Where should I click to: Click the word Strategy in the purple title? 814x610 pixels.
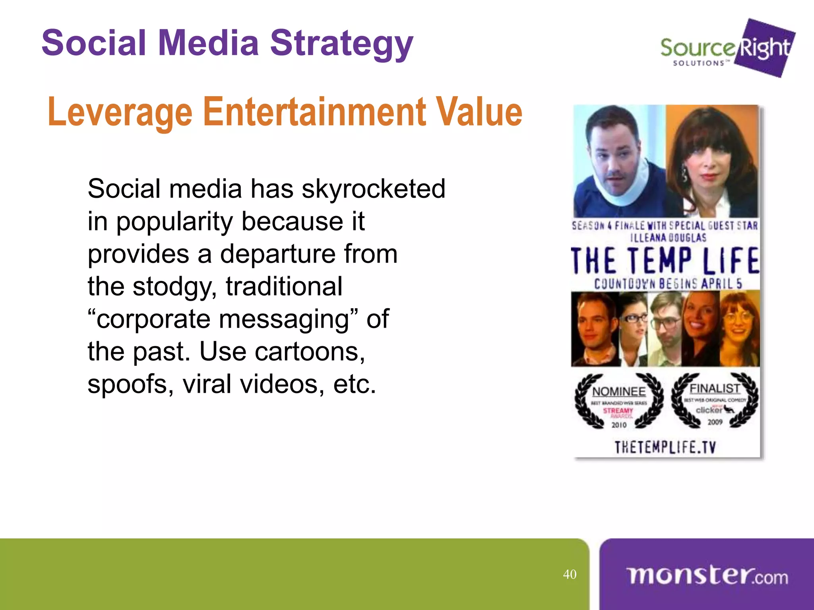pos(341,44)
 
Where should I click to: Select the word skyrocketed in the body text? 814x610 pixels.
pos(373,189)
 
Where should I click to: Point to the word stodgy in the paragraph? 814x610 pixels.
pos(175,286)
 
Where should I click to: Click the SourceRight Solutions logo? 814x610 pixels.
pos(727,48)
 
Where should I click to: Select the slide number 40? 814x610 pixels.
pos(570,574)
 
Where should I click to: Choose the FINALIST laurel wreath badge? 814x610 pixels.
pos(715,400)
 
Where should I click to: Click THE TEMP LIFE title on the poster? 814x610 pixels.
pos(665,261)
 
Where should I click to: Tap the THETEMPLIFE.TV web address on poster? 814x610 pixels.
pos(665,448)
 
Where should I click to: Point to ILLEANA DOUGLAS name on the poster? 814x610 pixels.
pos(668,238)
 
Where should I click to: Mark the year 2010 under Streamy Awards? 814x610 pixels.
pos(619,425)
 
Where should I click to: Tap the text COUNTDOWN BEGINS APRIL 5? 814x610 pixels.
pos(668,284)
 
